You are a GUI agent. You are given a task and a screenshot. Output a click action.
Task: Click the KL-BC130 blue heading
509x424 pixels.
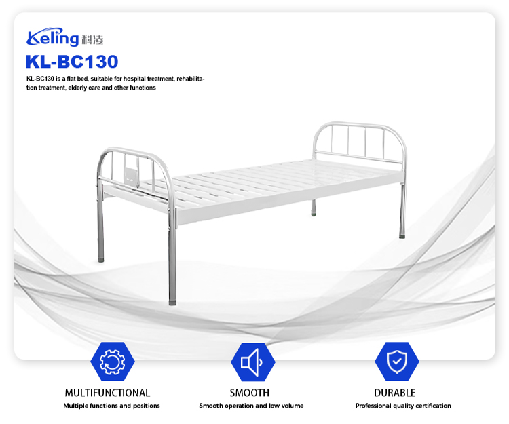[72, 62]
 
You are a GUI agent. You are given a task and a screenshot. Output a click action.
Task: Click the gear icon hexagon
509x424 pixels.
[112, 362]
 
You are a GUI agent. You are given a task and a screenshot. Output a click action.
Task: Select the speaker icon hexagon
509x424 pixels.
[252, 362]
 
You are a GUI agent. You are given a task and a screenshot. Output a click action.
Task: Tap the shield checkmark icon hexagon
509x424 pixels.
[396, 362]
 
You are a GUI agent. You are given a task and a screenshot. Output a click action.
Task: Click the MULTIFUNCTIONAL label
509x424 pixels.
[107, 393]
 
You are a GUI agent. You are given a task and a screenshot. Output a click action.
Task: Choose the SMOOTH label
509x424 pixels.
[249, 393]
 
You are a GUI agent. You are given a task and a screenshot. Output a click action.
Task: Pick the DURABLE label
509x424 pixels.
[394, 393]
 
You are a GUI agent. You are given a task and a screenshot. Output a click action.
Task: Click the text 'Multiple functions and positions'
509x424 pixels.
[112, 406]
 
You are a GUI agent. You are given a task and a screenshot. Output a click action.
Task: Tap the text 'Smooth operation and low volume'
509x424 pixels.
[251, 406]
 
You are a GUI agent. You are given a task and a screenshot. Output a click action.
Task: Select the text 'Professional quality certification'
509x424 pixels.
[403, 406]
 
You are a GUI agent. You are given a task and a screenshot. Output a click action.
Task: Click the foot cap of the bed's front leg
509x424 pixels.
[172, 300]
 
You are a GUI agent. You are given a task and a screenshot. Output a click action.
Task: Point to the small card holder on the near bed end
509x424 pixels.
[130, 170]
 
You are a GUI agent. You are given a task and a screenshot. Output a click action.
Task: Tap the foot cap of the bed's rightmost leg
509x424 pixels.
[402, 237]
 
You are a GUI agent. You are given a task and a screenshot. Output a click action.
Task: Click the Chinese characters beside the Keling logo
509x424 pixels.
[93, 39]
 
